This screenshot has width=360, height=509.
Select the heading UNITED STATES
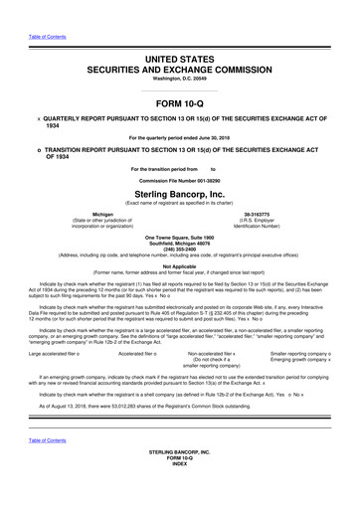click(x=180, y=34)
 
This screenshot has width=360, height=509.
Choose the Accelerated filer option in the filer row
click(x=137, y=353)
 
